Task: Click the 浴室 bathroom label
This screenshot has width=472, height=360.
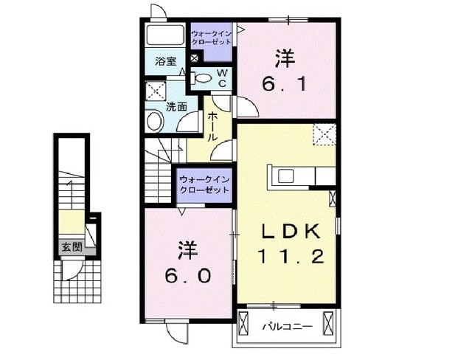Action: click(x=166, y=62)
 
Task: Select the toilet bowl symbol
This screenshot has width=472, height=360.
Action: click(x=201, y=77)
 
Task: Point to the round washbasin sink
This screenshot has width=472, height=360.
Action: click(x=155, y=122)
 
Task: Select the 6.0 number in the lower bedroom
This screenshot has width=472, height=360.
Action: click(x=188, y=274)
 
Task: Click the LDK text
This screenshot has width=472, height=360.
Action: click(x=289, y=232)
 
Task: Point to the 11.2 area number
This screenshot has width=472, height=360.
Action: click(x=289, y=257)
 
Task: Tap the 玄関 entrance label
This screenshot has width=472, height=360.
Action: click(x=72, y=246)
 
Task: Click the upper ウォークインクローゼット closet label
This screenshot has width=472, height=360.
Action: click(x=212, y=38)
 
